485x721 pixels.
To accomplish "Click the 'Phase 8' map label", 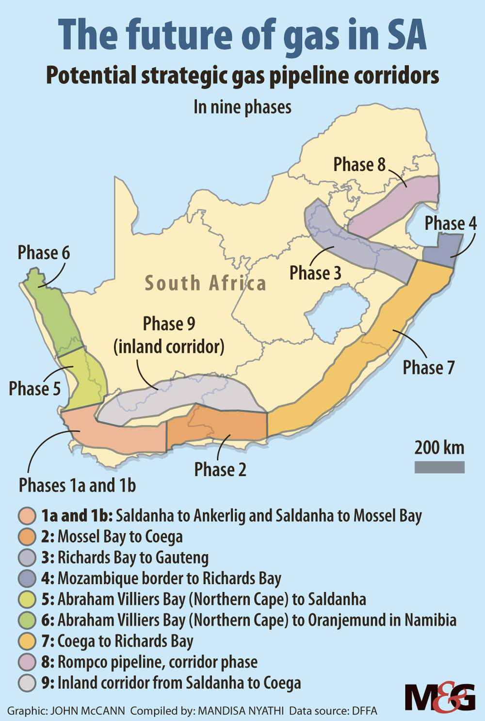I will (x=359, y=164).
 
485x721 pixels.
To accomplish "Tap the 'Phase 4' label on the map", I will (x=451, y=224).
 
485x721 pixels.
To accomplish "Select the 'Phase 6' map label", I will (x=44, y=253).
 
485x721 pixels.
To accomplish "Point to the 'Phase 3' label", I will (x=315, y=273).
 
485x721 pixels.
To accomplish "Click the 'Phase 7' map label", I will (x=429, y=368).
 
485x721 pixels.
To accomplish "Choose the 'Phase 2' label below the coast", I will (x=220, y=470).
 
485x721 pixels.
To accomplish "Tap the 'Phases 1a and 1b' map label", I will (x=77, y=485).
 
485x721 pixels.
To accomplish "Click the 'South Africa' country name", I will (x=206, y=283).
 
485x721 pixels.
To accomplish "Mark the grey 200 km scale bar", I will (x=439, y=467).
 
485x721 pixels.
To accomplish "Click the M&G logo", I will (x=440, y=697).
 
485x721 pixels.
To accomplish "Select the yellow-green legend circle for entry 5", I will (x=27, y=600).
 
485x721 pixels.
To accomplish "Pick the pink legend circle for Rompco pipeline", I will (x=27, y=662).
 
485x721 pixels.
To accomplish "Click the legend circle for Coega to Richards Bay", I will (x=27, y=641).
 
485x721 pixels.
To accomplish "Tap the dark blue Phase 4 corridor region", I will (x=442, y=248).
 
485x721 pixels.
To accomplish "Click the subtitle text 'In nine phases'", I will (x=242, y=107).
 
